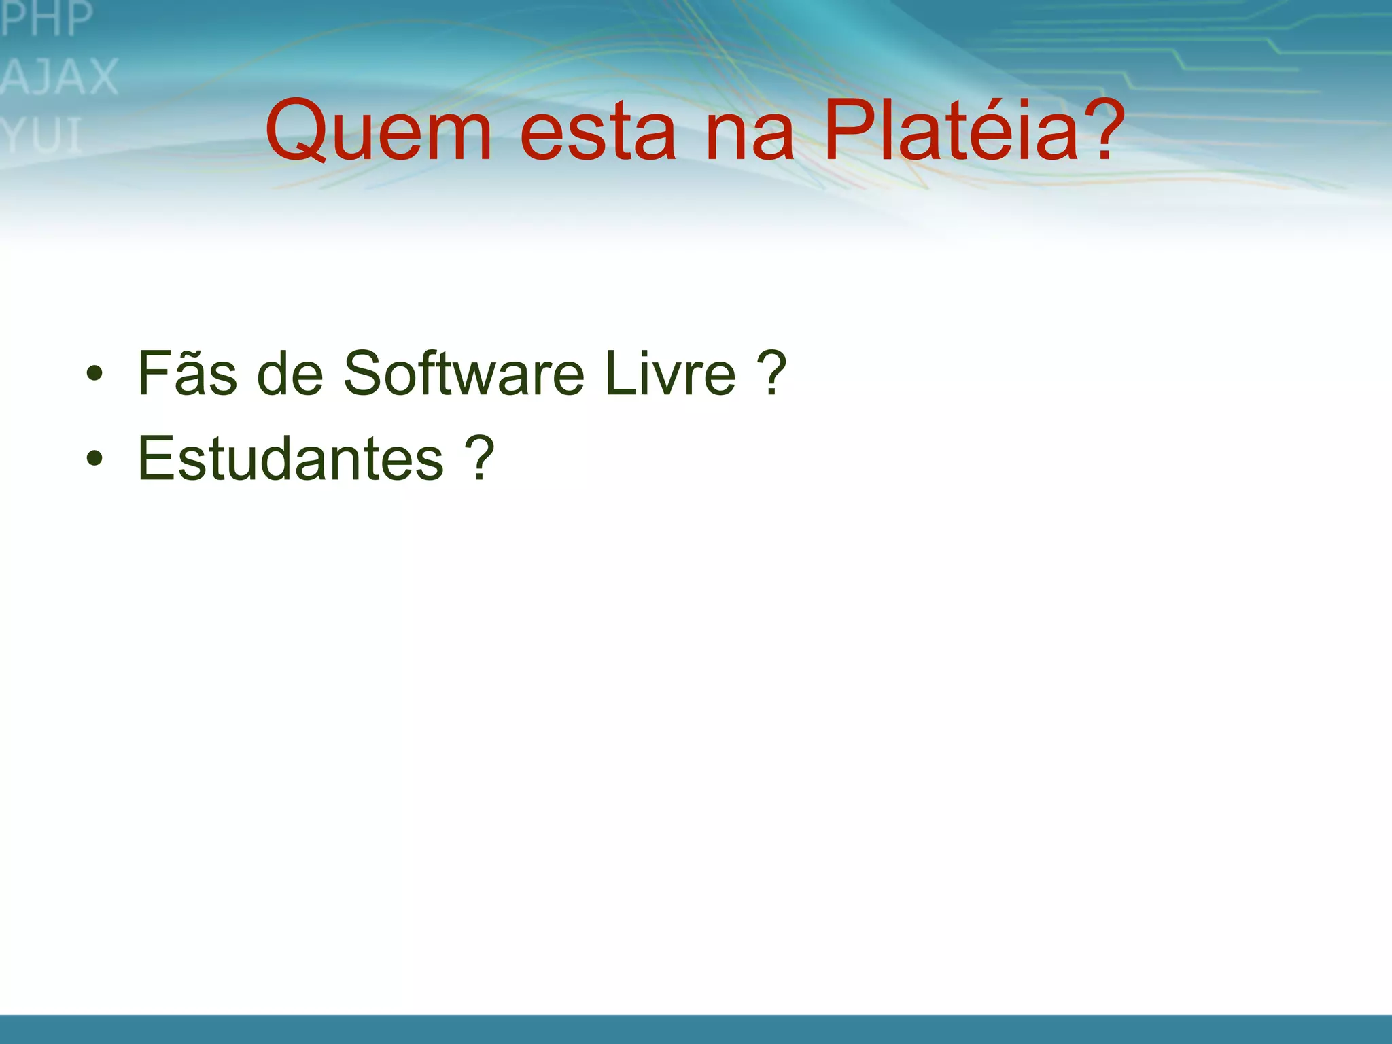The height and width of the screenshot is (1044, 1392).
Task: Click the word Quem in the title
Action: point(378,130)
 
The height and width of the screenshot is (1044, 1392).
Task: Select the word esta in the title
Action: point(597,132)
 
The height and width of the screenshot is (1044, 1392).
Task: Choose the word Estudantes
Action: point(290,458)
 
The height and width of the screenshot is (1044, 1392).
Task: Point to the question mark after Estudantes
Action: point(479,458)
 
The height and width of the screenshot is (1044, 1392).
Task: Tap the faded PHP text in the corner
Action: point(46,18)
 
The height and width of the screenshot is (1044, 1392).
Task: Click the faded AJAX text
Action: point(60,76)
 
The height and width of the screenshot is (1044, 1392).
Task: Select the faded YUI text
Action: point(42,135)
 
